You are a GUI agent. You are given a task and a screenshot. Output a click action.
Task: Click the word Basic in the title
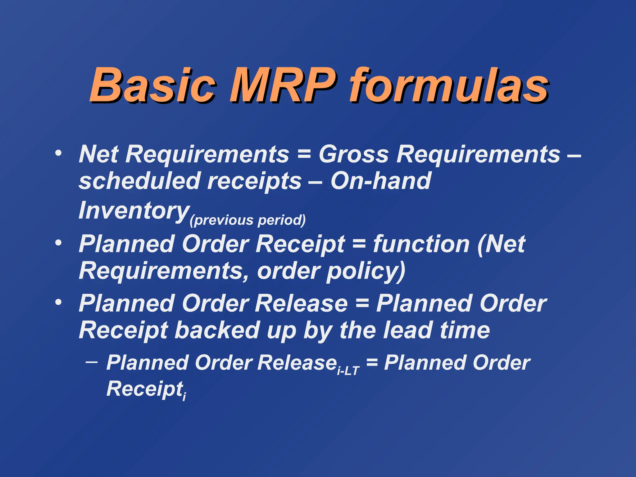tap(152, 85)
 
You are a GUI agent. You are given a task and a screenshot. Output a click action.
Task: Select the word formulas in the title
tap(449, 85)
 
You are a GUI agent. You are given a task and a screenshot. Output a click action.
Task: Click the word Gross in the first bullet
tap(354, 154)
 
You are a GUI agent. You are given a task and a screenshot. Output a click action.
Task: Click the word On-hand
tap(381, 181)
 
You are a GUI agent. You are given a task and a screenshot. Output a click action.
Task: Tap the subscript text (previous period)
tap(248, 220)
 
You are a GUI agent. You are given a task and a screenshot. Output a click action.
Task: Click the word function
tap(421, 244)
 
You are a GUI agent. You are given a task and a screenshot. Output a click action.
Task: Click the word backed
tap(217, 330)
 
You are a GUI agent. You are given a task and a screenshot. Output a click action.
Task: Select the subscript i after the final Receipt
tap(184, 396)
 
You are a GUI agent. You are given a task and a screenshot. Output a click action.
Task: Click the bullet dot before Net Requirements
tap(58, 153)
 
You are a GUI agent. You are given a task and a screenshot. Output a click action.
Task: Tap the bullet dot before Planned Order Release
tap(58, 302)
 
